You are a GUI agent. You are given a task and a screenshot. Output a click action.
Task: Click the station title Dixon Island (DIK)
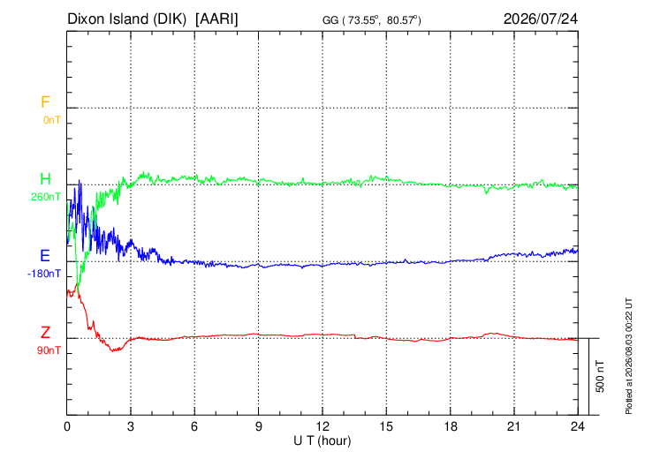[x=126, y=19]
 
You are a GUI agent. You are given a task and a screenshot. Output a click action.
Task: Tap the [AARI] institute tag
[x=216, y=19]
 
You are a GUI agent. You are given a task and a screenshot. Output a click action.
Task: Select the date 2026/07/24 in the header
[x=541, y=19]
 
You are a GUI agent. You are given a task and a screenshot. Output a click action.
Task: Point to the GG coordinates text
[x=372, y=20]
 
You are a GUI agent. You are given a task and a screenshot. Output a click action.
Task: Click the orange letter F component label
[x=45, y=102]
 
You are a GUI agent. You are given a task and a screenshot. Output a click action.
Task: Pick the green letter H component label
[x=45, y=179]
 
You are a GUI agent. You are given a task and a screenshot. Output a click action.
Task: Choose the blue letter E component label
[x=45, y=256]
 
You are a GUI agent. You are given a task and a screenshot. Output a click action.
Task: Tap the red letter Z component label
[x=45, y=333]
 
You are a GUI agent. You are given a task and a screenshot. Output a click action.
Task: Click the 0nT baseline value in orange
[x=52, y=120]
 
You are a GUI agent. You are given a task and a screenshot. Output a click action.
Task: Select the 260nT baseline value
[x=46, y=197]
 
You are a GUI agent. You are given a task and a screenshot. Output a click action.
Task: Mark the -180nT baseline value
[x=44, y=274]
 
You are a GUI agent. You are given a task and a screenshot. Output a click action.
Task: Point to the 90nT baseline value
[x=49, y=350]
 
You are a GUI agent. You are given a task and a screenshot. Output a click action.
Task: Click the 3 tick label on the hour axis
[x=131, y=426]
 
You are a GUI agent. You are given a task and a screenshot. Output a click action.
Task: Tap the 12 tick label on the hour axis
[x=322, y=426]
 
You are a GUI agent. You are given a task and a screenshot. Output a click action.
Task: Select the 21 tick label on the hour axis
[x=514, y=426]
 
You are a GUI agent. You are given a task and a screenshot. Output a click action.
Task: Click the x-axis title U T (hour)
[x=322, y=441]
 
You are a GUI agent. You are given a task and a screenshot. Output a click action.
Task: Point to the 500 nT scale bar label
[x=600, y=376]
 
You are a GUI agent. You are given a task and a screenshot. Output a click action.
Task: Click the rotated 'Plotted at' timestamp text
[x=628, y=356]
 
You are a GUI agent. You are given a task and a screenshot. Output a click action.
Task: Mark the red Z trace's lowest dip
[x=114, y=351]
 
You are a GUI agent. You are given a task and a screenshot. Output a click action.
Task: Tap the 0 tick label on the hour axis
[x=67, y=426]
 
